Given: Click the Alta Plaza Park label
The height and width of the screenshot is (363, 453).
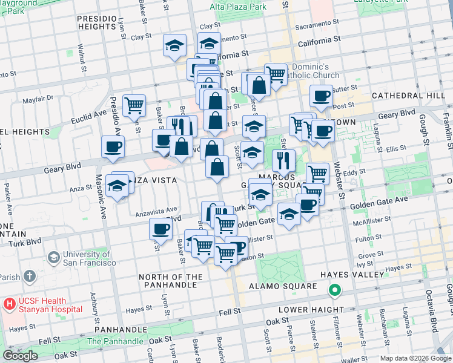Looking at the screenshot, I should click(238, 7).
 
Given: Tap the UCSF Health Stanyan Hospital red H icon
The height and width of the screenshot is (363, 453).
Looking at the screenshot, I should click(9, 302).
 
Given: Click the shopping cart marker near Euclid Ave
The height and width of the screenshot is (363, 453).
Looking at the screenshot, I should click(134, 105).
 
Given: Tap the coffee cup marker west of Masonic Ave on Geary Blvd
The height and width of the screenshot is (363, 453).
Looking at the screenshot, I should click(113, 147).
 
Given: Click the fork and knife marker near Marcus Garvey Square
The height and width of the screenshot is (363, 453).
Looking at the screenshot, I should click(283, 160).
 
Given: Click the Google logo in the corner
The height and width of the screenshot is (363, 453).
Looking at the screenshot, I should click(20, 356).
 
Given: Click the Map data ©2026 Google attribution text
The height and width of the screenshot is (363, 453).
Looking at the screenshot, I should click(415, 358).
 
